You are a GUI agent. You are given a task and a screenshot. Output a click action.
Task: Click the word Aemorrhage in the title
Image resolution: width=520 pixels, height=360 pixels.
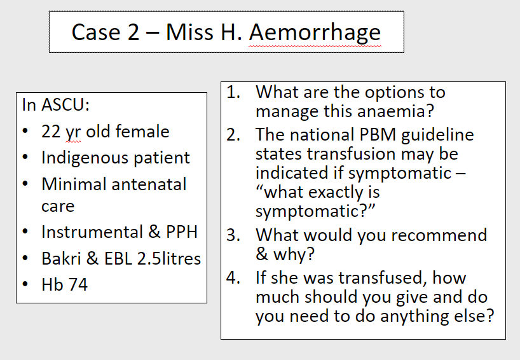click(315, 33)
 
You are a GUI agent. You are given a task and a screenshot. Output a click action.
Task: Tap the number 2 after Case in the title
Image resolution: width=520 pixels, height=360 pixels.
click(133, 32)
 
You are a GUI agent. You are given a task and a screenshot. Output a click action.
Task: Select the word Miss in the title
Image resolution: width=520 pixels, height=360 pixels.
click(189, 32)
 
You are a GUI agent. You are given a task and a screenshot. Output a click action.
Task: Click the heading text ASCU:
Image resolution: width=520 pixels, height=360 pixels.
click(65, 105)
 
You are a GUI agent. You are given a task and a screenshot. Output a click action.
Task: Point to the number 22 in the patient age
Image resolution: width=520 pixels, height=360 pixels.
click(51, 132)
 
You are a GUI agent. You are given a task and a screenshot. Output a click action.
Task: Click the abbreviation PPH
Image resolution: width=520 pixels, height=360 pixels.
click(182, 232)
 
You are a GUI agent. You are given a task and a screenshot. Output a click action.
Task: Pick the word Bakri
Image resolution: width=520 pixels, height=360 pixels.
click(61, 258)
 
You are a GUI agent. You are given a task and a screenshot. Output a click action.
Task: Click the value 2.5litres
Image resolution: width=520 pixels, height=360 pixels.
click(169, 258)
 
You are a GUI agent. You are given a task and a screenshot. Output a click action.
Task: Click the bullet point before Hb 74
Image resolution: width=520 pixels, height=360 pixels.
click(25, 284)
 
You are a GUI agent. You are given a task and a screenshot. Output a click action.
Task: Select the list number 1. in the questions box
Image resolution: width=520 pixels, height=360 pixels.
click(233, 92)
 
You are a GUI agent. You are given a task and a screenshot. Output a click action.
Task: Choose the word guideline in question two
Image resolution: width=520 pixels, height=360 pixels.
click(437, 135)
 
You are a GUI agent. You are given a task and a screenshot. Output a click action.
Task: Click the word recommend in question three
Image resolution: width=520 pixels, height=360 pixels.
click(439, 235)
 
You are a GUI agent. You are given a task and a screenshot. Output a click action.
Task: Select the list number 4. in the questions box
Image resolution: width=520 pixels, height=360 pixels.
click(233, 278)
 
